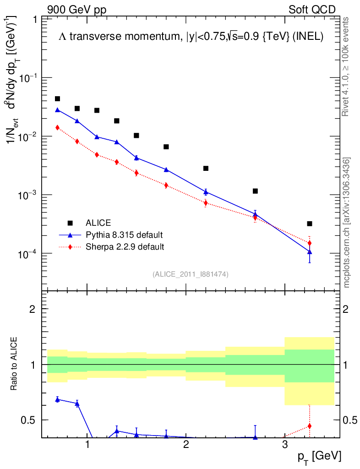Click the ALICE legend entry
click(x=98, y=223)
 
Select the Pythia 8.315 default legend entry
click(x=124, y=235)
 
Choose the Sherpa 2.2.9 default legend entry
click(x=125, y=247)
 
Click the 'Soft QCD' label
click(x=312, y=10)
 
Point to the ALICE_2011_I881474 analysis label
click(x=191, y=274)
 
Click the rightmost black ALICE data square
click(x=310, y=224)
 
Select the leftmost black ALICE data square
click(x=58, y=99)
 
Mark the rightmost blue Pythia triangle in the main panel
click(x=310, y=252)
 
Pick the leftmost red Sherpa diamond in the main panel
click(x=58, y=128)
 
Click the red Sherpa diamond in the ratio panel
click(x=310, y=426)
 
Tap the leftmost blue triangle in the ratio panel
click(x=58, y=399)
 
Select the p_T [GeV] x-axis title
click(x=319, y=456)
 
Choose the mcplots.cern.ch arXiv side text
click(x=347, y=223)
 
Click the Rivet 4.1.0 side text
click(x=347, y=67)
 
